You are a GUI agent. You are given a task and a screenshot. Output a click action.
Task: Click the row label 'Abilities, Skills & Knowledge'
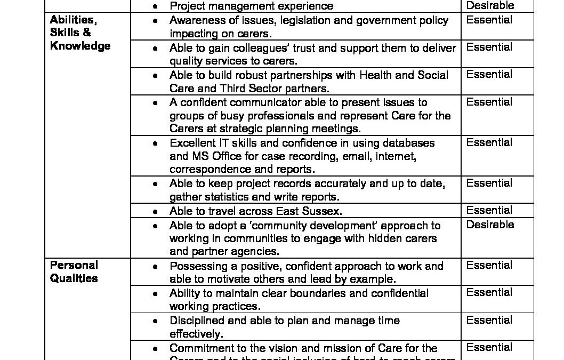coord(80,33)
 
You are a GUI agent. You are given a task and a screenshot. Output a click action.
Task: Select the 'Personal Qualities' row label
coord(74,271)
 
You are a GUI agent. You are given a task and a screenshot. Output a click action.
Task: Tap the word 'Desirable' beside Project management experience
coord(490,6)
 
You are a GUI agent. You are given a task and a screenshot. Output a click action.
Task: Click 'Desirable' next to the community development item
coord(490,225)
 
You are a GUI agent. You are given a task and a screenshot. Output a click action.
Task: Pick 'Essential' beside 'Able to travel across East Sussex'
coord(489,210)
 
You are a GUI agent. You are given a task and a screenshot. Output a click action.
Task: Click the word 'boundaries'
coord(311,293)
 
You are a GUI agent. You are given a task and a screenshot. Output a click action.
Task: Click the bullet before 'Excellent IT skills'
coord(155,143)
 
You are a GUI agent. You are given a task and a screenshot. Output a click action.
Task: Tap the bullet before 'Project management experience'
coord(155,6)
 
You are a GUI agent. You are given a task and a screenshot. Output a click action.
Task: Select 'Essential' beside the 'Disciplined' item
coord(489,320)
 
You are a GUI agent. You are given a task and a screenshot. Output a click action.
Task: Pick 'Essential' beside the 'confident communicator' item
coord(489,102)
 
